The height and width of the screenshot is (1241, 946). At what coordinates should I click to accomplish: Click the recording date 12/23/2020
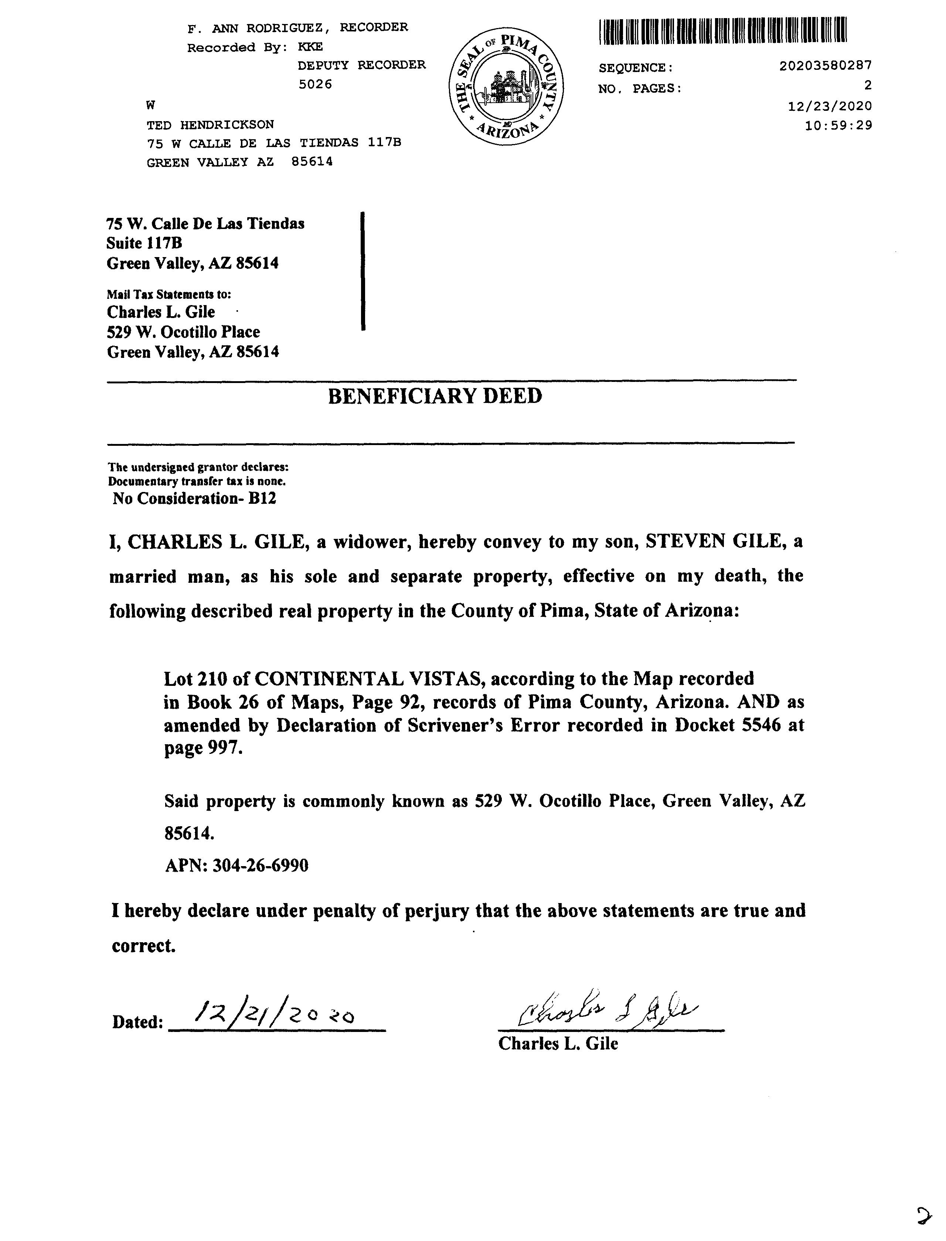click(x=830, y=106)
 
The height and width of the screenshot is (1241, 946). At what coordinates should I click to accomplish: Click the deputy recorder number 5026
click(x=315, y=85)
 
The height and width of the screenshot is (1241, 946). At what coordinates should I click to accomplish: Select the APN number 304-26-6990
click(x=260, y=865)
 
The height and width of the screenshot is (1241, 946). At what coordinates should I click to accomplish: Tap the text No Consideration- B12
click(x=194, y=499)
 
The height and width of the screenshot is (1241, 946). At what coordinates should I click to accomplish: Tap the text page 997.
click(x=203, y=749)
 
